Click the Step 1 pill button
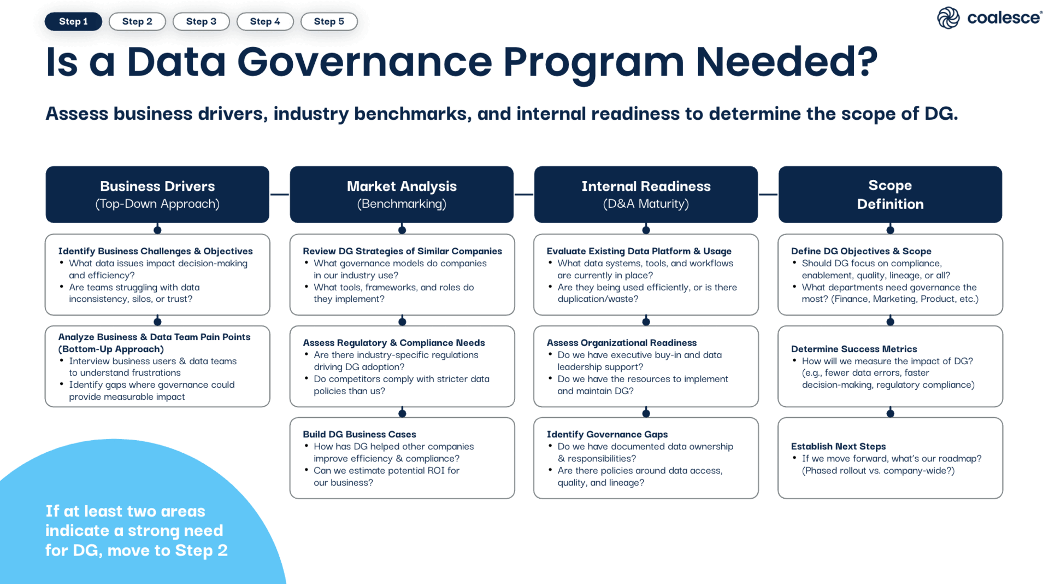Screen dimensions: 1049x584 pyautogui.click(x=73, y=21)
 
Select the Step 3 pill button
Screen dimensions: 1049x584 pyautogui.click(x=201, y=21)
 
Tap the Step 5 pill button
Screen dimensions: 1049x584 pyautogui.click(x=329, y=21)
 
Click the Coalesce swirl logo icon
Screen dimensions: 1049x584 pyautogui.click(x=948, y=18)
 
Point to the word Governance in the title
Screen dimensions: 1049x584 pyautogui.click(x=364, y=61)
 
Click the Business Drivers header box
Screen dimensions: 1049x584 pyautogui.click(x=157, y=194)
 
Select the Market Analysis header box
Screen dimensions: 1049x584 pyautogui.click(x=402, y=194)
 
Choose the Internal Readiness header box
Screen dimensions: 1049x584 pyautogui.click(x=646, y=194)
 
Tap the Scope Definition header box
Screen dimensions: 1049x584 pyautogui.click(x=890, y=194)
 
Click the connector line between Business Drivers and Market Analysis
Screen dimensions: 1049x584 pyautogui.click(x=280, y=194)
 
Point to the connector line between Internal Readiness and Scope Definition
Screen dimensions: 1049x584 pyautogui.click(x=768, y=194)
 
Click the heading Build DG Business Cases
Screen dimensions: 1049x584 pyautogui.click(x=360, y=434)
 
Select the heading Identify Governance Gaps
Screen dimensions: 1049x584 pyautogui.click(x=607, y=434)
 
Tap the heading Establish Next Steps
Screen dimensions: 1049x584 pyautogui.click(x=838, y=446)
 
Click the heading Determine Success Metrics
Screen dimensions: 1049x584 pyautogui.click(x=854, y=349)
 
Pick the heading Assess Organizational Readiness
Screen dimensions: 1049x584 pyautogui.click(x=622, y=343)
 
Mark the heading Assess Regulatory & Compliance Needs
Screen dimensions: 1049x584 pyautogui.click(x=394, y=343)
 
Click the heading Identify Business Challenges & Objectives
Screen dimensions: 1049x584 pyautogui.click(x=156, y=251)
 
